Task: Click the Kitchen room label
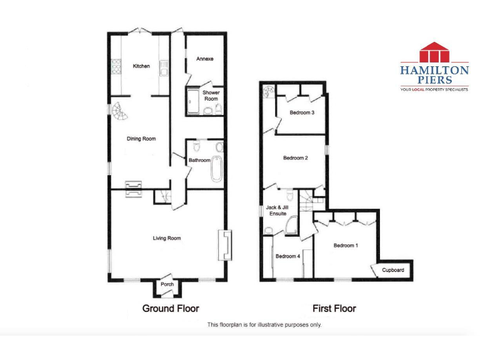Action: [x=141, y=66]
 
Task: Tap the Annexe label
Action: [x=204, y=59]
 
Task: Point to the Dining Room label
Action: [x=141, y=139]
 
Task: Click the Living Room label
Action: [x=167, y=237]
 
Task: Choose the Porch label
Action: [x=167, y=284]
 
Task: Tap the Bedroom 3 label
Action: [x=302, y=112]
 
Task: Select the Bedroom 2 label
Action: [x=295, y=157]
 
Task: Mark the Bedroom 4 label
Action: [x=288, y=256]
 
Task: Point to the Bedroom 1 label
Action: [x=346, y=246]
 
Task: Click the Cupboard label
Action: [x=393, y=270]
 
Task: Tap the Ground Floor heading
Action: [x=171, y=308]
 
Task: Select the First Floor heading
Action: [x=334, y=308]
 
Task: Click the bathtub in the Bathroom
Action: [x=217, y=167]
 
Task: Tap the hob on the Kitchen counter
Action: [x=115, y=65]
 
